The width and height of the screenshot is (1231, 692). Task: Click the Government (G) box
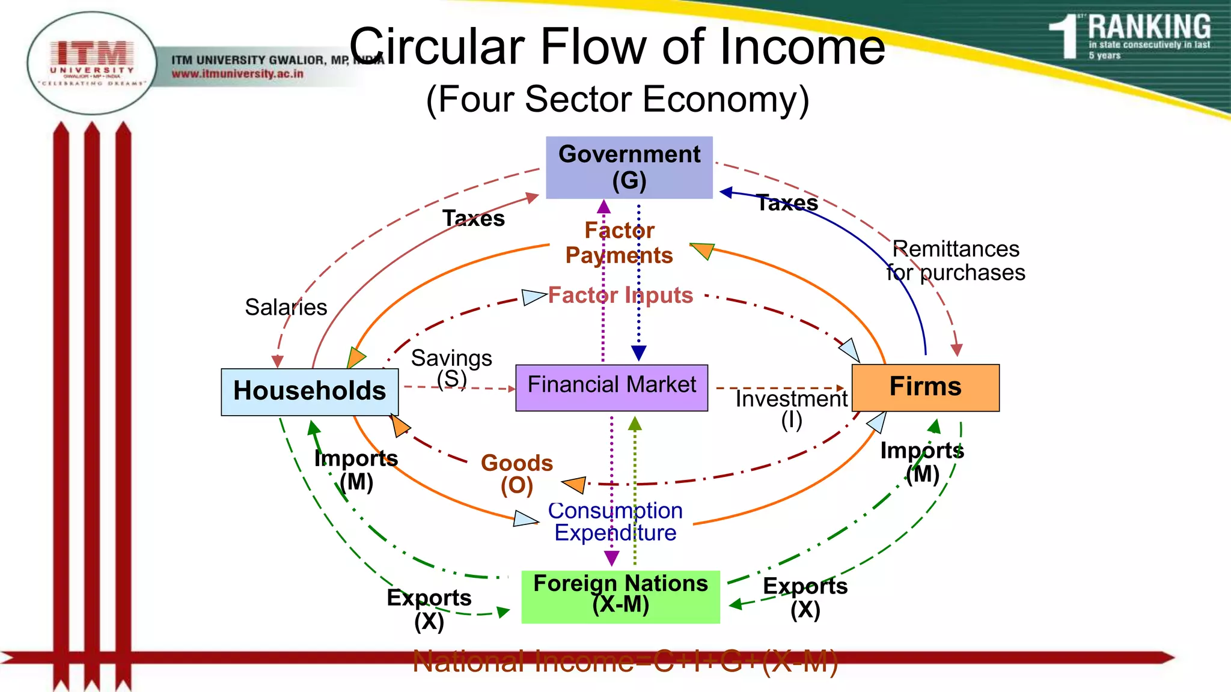tap(629, 168)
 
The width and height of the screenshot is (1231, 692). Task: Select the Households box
tap(310, 391)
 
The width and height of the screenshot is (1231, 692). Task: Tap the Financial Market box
tap(611, 387)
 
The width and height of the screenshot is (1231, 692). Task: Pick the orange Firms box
tap(925, 387)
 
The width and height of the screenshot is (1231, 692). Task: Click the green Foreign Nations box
tap(620, 596)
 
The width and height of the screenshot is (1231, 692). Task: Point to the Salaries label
tap(286, 308)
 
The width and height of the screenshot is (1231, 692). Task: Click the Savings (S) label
tap(451, 368)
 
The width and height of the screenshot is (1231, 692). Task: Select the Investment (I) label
tap(791, 409)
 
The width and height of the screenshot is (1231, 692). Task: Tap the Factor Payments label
tap(619, 243)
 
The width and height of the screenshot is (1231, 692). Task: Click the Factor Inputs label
tap(620, 296)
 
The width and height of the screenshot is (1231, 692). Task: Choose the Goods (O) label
tap(517, 474)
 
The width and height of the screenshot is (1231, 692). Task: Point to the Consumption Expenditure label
tap(615, 521)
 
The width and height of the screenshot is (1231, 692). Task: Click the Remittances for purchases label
tap(956, 261)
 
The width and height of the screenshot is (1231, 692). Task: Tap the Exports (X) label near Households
tap(429, 609)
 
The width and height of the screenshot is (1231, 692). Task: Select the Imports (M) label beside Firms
tap(922, 462)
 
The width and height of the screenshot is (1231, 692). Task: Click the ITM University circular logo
tap(91, 63)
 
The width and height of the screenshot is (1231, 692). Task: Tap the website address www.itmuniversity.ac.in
tap(237, 74)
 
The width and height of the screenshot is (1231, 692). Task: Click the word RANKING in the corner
tap(1149, 27)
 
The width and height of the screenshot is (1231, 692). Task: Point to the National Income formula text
tap(625, 662)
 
